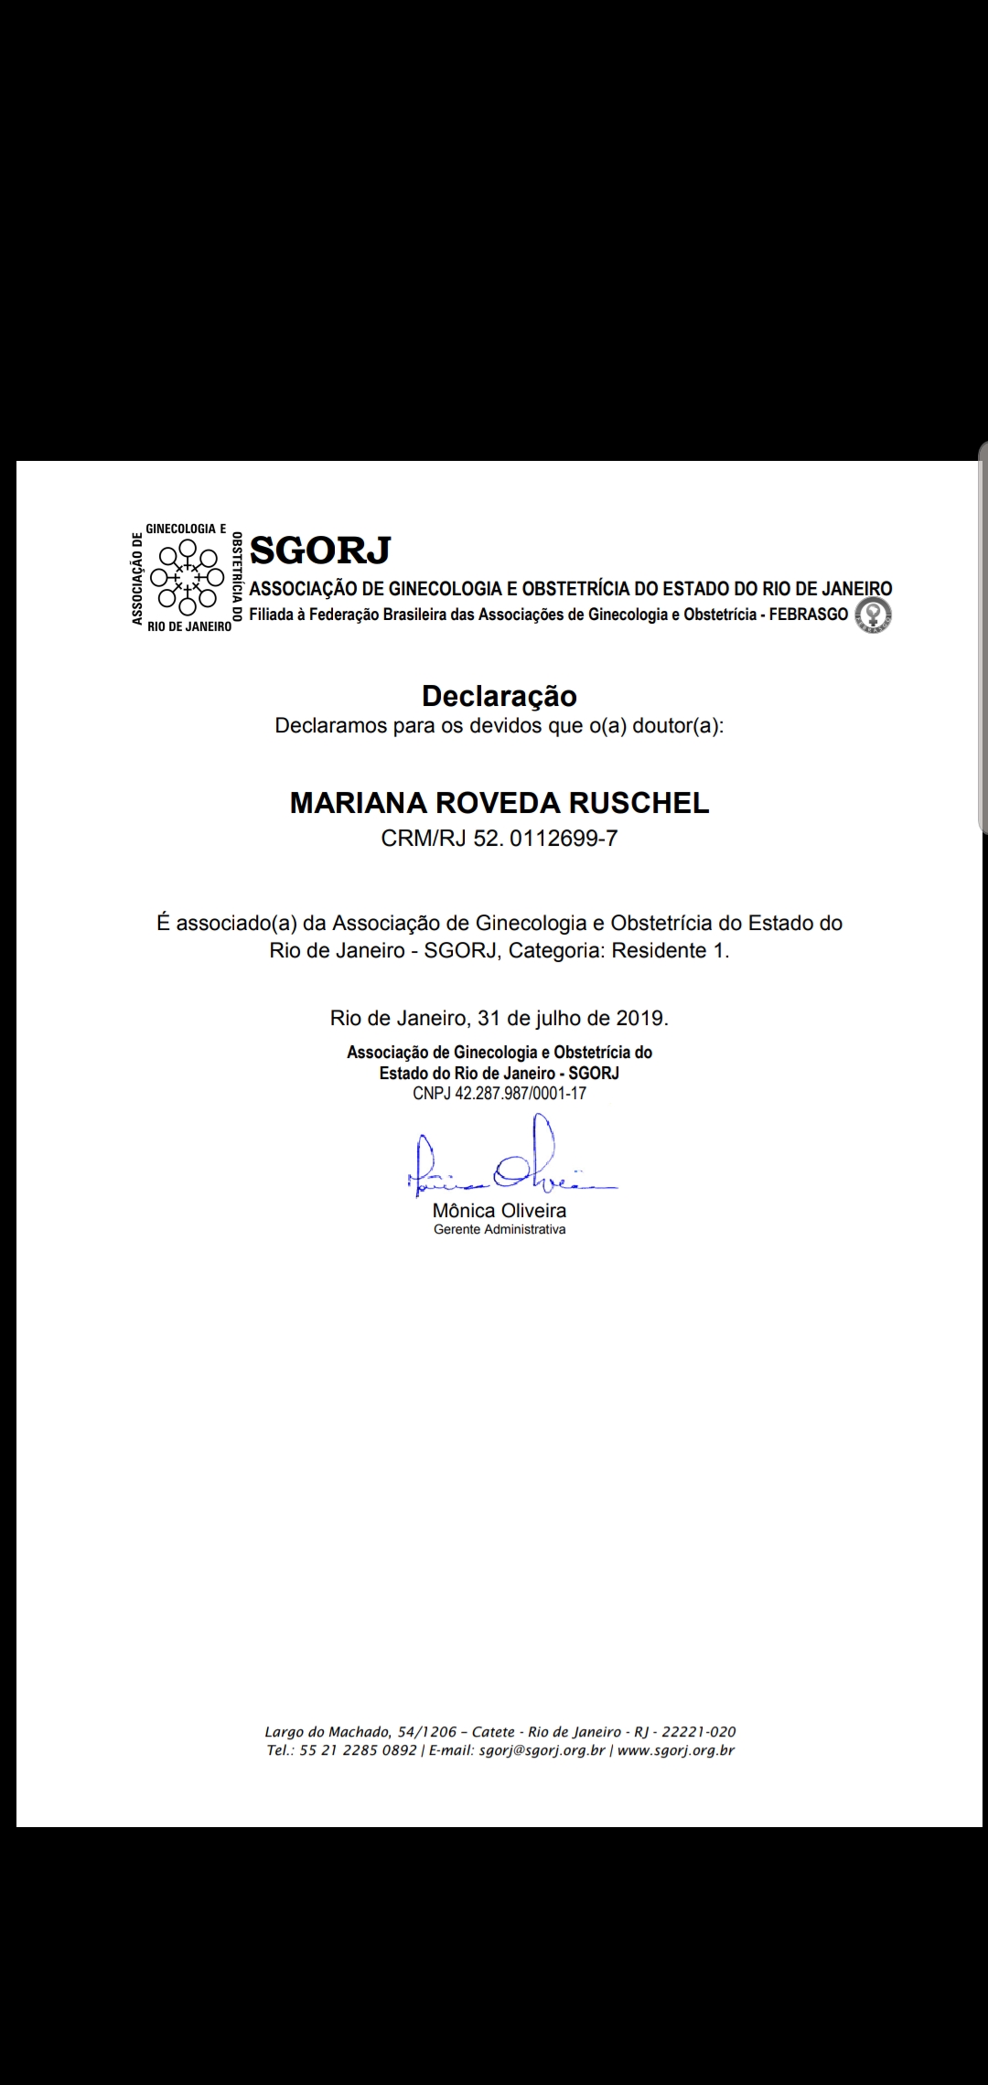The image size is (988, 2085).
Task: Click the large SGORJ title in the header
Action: (x=320, y=550)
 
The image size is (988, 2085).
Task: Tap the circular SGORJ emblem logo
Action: (x=188, y=577)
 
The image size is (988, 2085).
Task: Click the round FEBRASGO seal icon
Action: (x=873, y=615)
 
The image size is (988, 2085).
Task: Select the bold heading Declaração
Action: (x=499, y=696)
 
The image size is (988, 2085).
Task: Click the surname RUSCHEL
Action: (x=639, y=803)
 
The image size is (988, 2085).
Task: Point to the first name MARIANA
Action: (x=358, y=803)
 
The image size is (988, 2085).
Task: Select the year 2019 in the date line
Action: (x=640, y=1018)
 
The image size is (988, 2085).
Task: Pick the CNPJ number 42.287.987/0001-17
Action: (x=521, y=1093)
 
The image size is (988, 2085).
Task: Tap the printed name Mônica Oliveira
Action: (x=499, y=1211)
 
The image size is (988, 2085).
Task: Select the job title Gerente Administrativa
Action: (x=499, y=1230)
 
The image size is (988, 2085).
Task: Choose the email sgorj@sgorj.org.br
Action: (x=542, y=1750)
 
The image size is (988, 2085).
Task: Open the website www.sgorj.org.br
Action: (x=676, y=1750)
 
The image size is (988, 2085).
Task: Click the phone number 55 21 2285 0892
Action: (x=358, y=1750)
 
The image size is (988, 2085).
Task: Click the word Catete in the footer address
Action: (x=493, y=1731)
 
